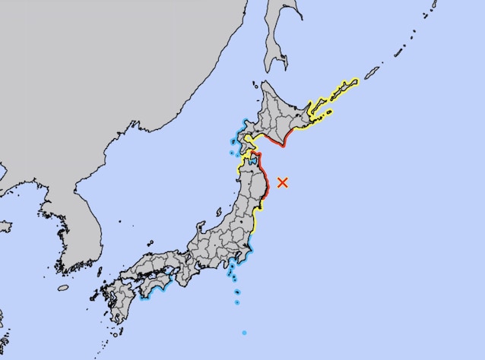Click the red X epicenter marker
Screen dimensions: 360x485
point(283,182)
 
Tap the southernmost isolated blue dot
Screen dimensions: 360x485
point(244,333)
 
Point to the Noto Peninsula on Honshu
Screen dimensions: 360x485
point(201,227)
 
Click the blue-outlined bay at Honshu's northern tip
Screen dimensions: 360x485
point(252,162)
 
